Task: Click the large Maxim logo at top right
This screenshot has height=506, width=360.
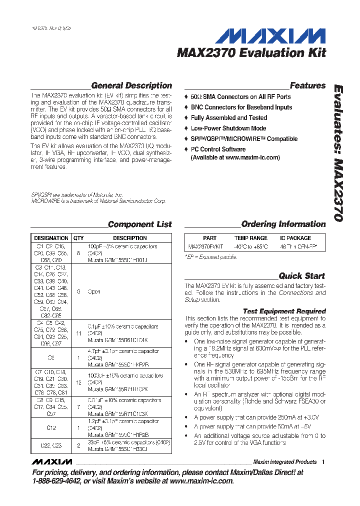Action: (274, 36)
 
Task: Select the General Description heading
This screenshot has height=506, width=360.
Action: (131, 85)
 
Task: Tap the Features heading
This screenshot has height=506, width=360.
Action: (307, 85)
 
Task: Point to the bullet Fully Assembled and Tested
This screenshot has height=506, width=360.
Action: (228, 117)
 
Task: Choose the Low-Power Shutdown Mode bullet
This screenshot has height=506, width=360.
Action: (228, 128)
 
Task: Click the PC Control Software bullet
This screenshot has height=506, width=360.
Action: (218, 149)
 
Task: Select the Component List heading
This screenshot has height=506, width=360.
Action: (139, 224)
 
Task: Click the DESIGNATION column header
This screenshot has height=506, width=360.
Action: (51, 238)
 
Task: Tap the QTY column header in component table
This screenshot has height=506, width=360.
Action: (78, 238)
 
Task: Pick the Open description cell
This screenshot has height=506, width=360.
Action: (94, 291)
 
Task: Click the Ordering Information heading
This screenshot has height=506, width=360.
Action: (283, 224)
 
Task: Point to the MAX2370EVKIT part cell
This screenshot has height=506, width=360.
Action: (202, 246)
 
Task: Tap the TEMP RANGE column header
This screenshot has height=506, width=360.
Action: (250, 238)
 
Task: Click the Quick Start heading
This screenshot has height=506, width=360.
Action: (301, 275)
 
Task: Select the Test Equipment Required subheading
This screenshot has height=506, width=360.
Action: (284, 311)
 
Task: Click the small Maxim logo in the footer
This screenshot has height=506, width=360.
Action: (51, 461)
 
